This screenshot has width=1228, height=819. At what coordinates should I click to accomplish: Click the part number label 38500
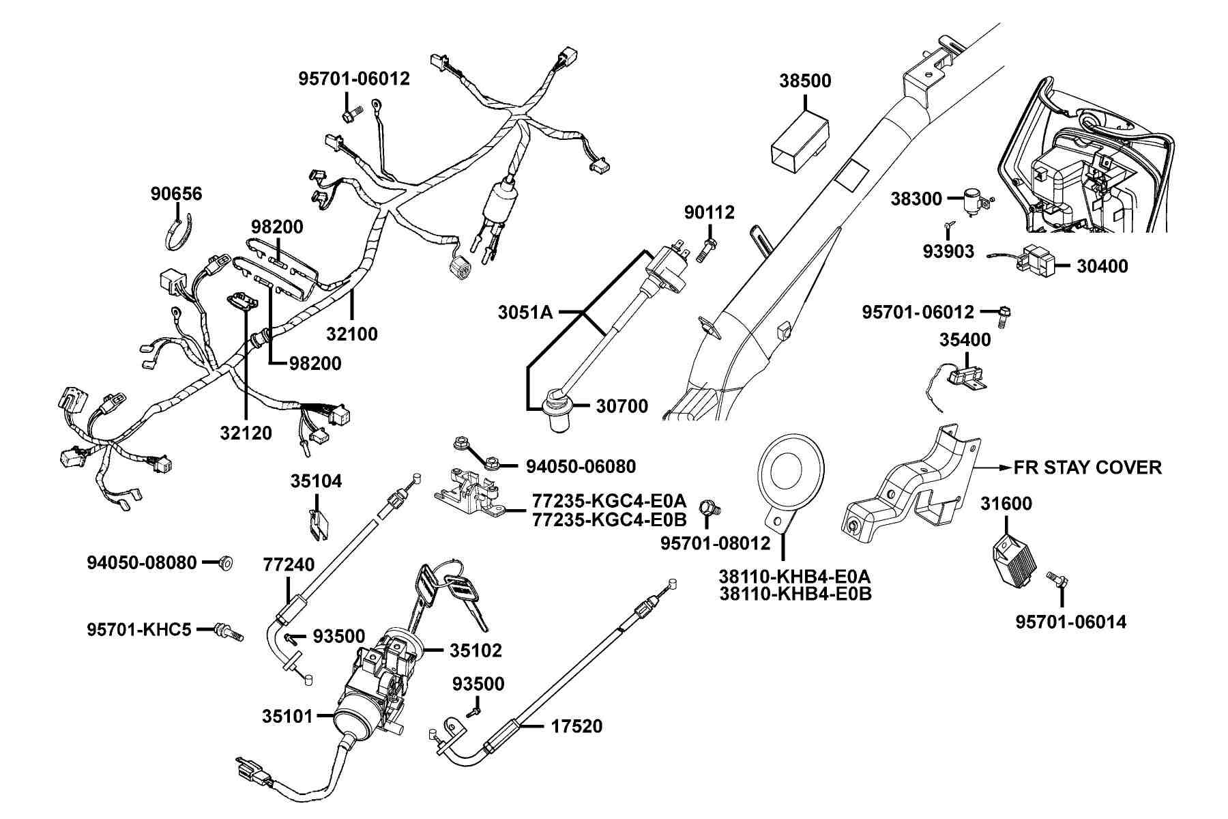click(x=805, y=81)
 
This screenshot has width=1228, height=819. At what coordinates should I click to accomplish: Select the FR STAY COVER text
click(x=1087, y=468)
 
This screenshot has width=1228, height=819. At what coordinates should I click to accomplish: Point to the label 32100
click(x=351, y=334)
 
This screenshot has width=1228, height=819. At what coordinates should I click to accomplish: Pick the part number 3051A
click(x=525, y=313)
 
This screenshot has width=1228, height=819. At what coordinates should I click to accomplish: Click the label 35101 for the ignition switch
click(x=287, y=716)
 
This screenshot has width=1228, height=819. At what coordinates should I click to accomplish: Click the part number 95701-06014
click(x=1071, y=622)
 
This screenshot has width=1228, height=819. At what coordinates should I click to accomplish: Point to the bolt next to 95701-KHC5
click(x=229, y=631)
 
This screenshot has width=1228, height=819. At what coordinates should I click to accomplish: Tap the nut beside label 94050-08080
click(x=224, y=563)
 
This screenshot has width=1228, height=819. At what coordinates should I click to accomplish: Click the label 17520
click(x=576, y=726)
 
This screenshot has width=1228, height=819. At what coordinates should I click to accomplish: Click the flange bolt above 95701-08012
click(x=710, y=508)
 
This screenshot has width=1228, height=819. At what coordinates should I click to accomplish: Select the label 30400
click(x=1102, y=266)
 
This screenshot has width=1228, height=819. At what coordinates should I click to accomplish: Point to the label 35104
click(x=316, y=482)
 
